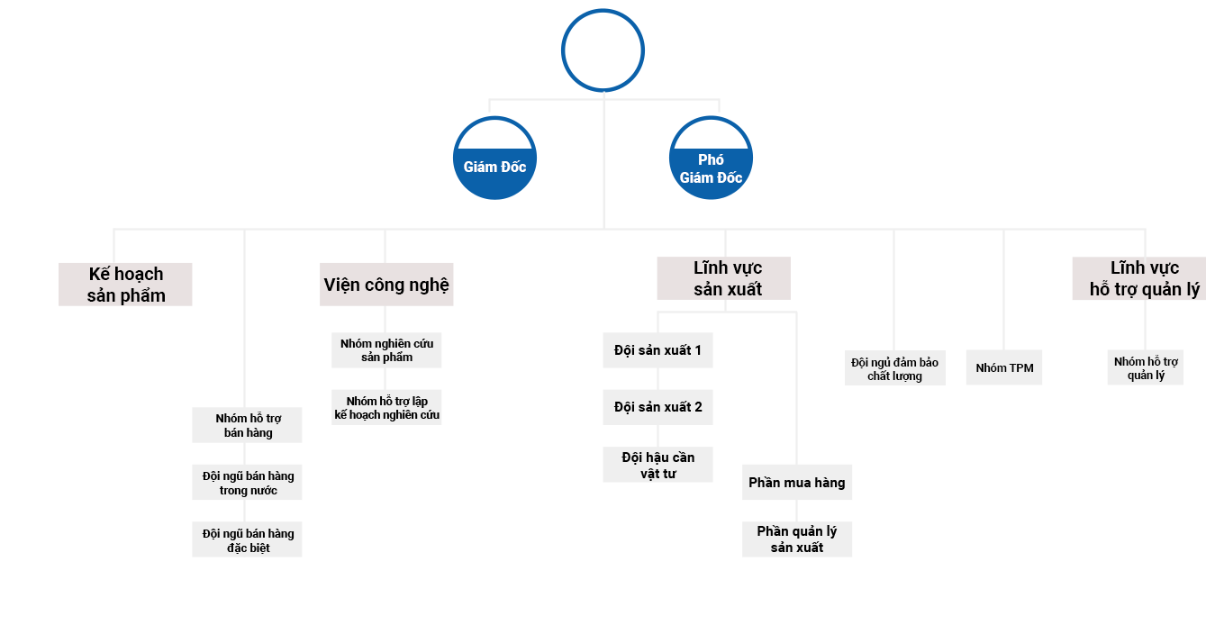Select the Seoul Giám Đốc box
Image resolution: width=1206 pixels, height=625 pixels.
point(494,157)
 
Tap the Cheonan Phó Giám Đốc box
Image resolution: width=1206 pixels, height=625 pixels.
point(711,157)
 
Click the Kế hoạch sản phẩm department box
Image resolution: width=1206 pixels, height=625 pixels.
point(125,284)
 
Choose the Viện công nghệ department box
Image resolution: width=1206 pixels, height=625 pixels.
point(386,284)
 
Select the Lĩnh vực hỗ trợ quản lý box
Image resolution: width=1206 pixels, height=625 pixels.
point(1138,278)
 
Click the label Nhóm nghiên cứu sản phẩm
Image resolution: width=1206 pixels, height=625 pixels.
point(386,350)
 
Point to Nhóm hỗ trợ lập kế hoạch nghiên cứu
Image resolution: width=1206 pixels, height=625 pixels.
point(386,408)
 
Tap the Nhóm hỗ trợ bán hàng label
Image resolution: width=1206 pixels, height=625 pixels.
point(249,425)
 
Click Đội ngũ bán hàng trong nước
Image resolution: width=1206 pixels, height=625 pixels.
point(249,483)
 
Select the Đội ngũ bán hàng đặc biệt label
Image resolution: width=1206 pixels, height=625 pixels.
point(249,540)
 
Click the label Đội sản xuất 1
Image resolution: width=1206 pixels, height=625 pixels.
point(658,350)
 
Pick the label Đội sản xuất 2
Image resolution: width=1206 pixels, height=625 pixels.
point(658,407)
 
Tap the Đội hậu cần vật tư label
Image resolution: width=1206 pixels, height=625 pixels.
point(658,465)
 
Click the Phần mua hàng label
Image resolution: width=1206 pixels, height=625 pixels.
point(797,483)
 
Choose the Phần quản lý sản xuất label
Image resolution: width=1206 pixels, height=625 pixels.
point(797,539)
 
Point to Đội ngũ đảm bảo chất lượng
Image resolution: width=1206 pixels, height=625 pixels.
point(894,369)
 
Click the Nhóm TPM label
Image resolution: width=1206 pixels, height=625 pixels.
point(1004,367)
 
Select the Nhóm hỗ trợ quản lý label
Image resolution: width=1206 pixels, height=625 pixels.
point(1146,368)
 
